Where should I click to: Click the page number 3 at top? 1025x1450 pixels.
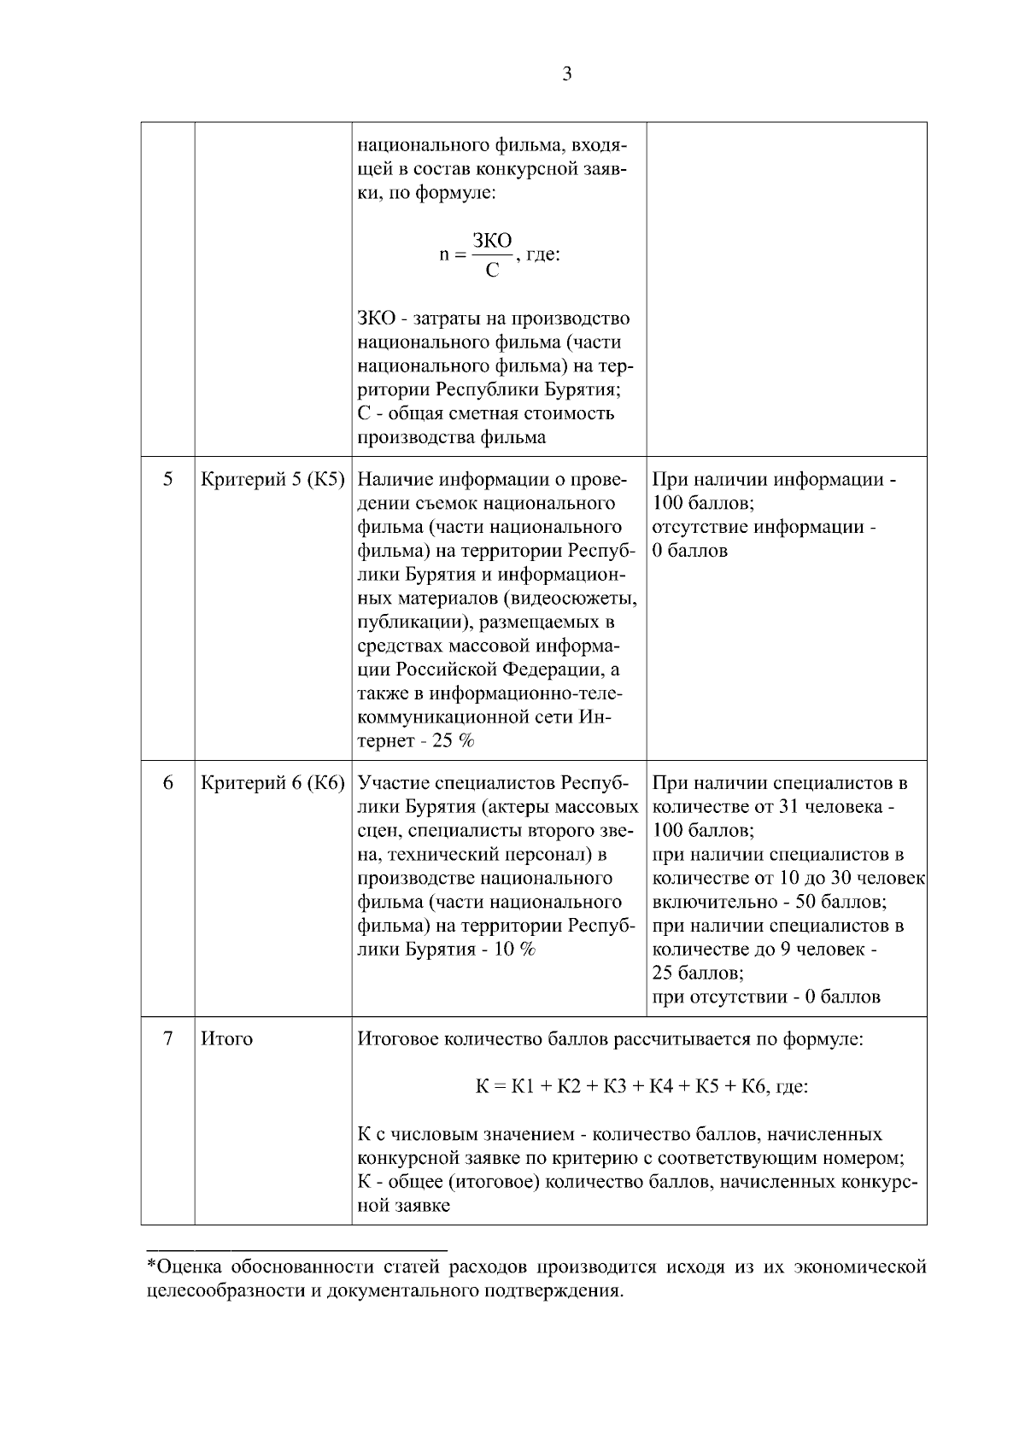coord(567,74)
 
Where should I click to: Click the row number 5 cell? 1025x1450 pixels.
coord(168,479)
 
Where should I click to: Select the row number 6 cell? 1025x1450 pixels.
coord(168,783)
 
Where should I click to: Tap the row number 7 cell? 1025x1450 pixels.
coord(168,1039)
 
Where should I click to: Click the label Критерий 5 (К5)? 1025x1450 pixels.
coord(272,480)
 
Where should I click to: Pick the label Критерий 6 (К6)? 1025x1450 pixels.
coord(272,783)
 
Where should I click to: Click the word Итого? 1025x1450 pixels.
coord(226,1039)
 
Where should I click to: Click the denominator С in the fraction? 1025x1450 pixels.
coord(492,272)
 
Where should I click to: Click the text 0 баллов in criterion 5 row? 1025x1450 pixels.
coord(690,551)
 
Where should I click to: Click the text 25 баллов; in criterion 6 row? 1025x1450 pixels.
coord(698,973)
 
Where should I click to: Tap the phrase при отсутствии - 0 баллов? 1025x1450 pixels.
coord(765,997)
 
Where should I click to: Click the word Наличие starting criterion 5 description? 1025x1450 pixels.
coord(390,480)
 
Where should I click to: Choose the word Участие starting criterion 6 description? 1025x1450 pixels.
coord(393,783)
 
